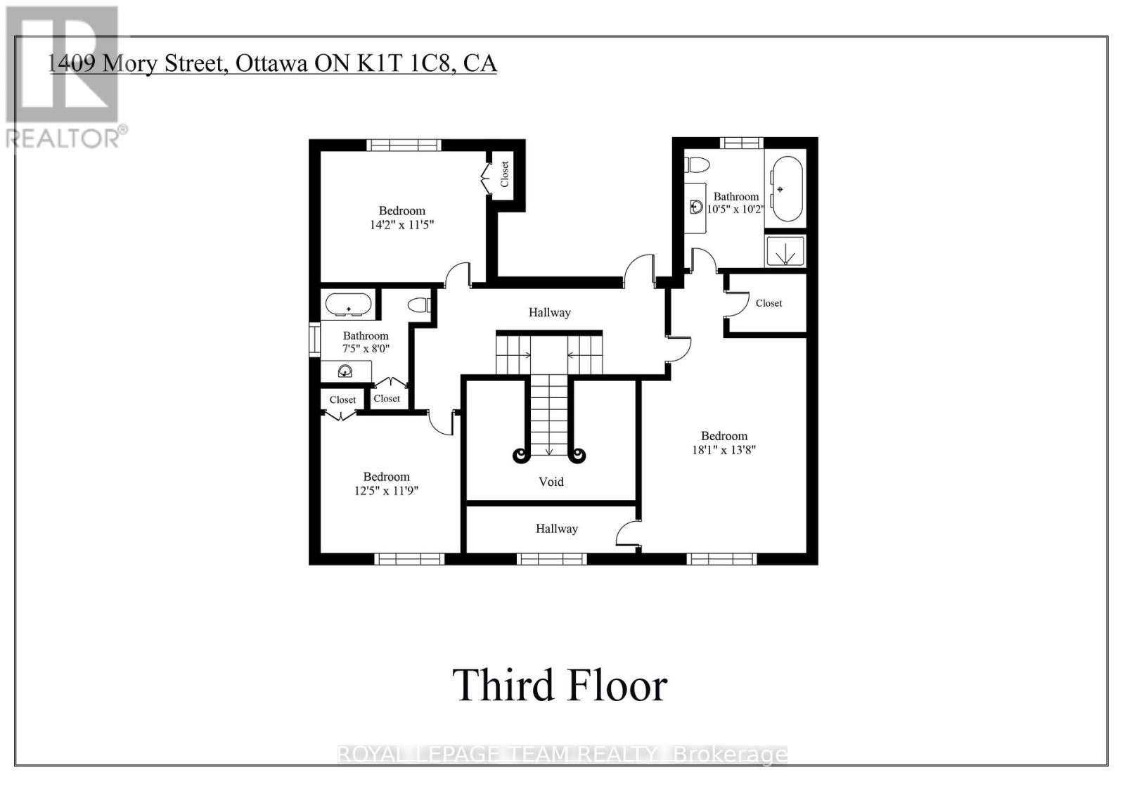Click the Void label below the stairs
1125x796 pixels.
tap(551, 482)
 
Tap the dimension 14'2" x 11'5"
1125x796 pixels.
tap(401, 225)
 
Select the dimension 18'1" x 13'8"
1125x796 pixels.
tap(724, 450)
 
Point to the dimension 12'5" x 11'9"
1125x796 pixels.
tap(386, 491)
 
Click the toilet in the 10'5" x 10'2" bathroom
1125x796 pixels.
tap(698, 165)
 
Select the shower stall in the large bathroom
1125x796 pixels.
tap(785, 250)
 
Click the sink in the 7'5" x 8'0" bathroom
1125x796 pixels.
tap(345, 371)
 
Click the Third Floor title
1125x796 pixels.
tap(560, 685)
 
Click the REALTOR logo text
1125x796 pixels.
tap(67, 138)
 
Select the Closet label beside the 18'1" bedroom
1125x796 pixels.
tap(769, 303)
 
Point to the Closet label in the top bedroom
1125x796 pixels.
tap(504, 174)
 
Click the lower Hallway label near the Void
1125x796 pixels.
tap(556, 529)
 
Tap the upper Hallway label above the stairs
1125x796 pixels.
tap(549, 312)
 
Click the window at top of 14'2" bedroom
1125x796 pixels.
tap(404, 145)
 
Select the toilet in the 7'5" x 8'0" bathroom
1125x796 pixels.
tap(420, 305)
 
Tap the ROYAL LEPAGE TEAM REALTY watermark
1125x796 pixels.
tap(562, 755)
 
